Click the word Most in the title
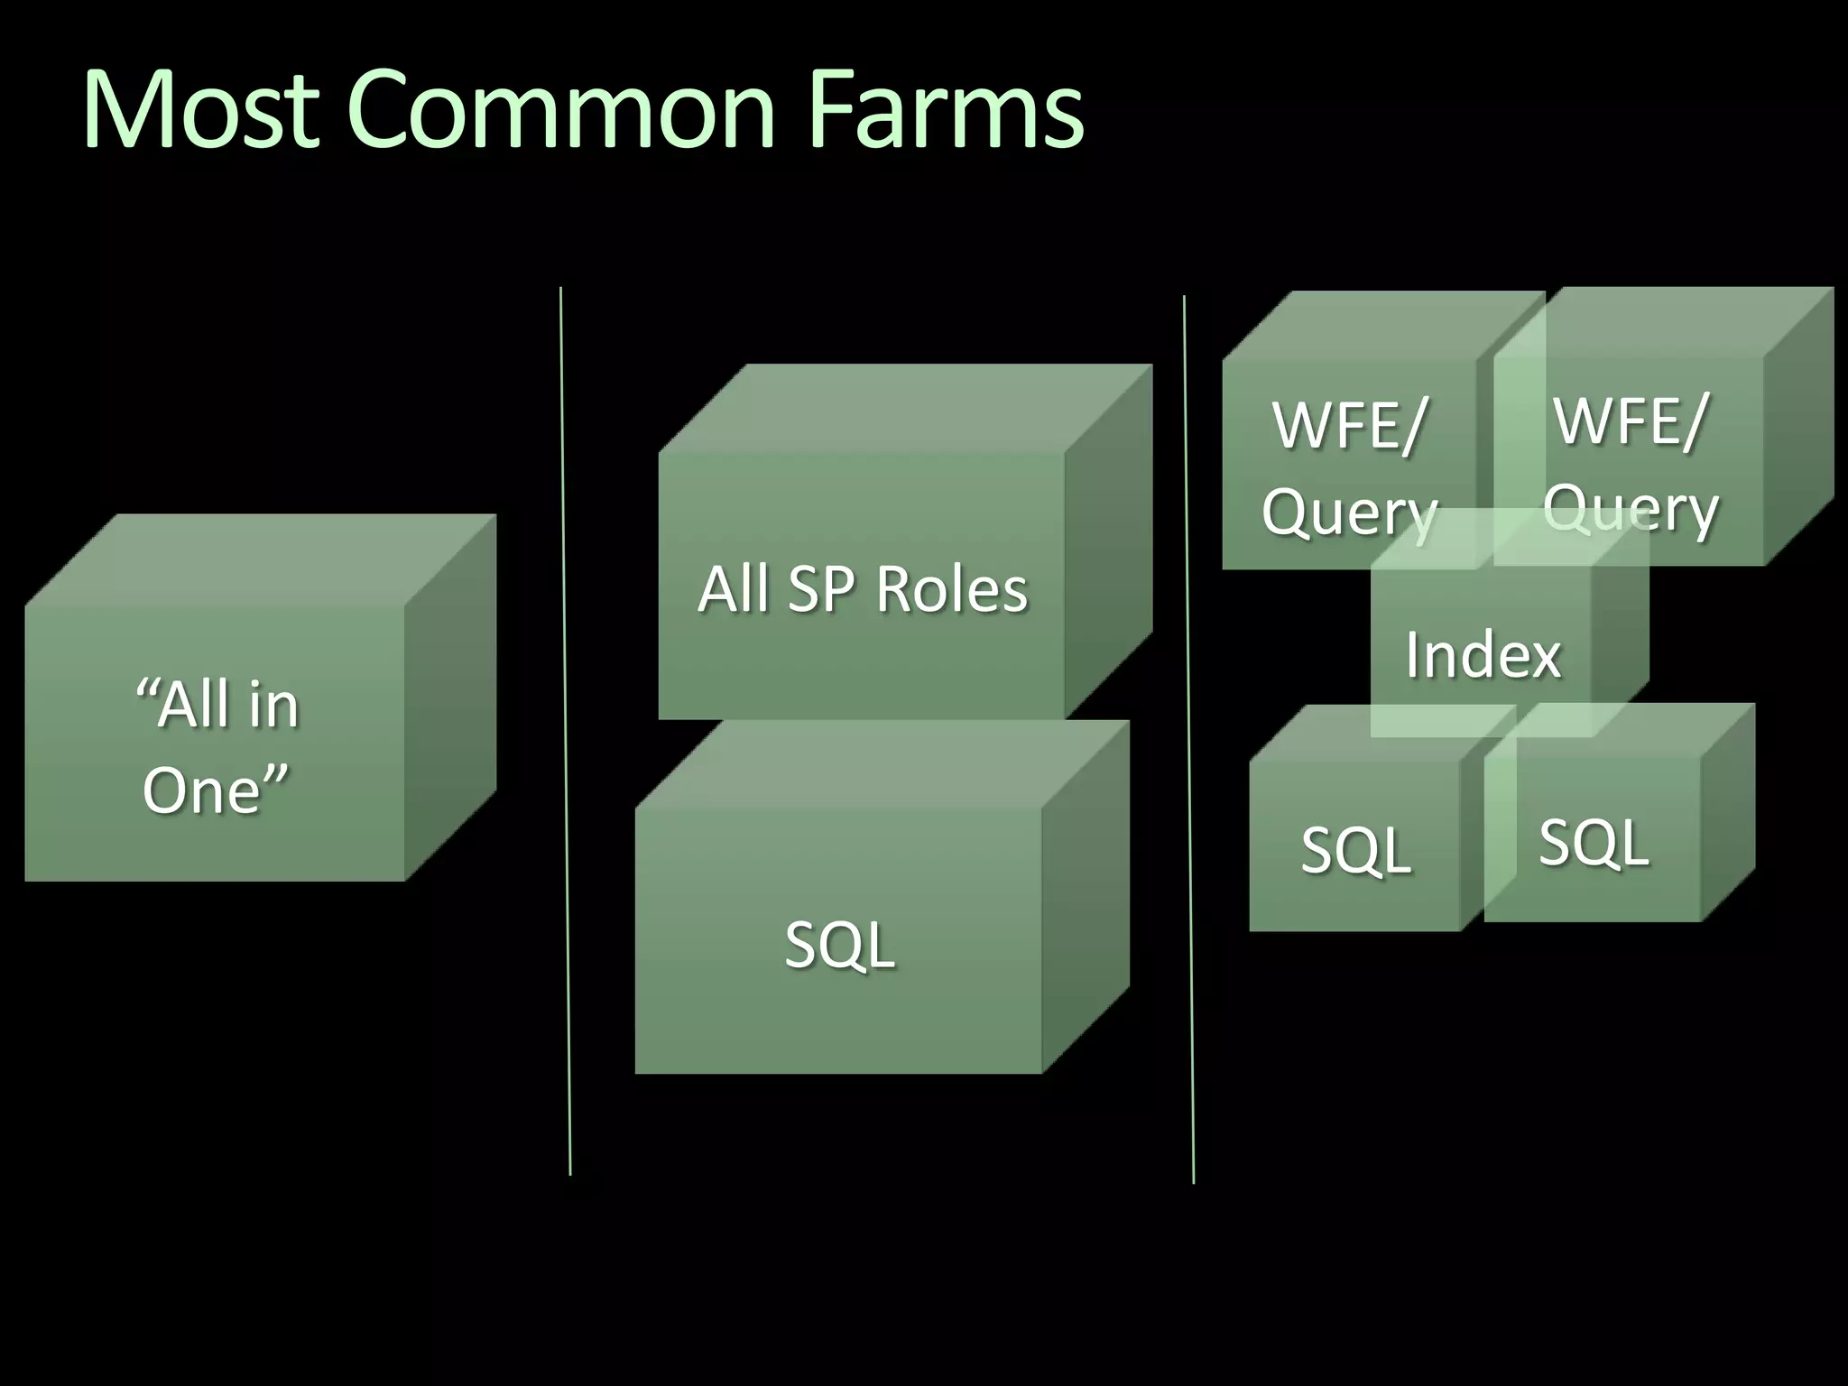(200, 110)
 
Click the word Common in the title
(561, 110)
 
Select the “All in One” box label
(217, 747)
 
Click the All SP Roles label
(862, 589)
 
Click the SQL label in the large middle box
(839, 946)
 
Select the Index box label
(1483, 654)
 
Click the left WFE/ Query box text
(1349, 467)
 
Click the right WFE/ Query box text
(1630, 464)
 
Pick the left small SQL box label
(1355, 850)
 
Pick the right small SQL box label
(1594, 842)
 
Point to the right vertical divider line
(1188, 740)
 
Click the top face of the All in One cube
(262, 559)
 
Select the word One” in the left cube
(215, 790)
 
